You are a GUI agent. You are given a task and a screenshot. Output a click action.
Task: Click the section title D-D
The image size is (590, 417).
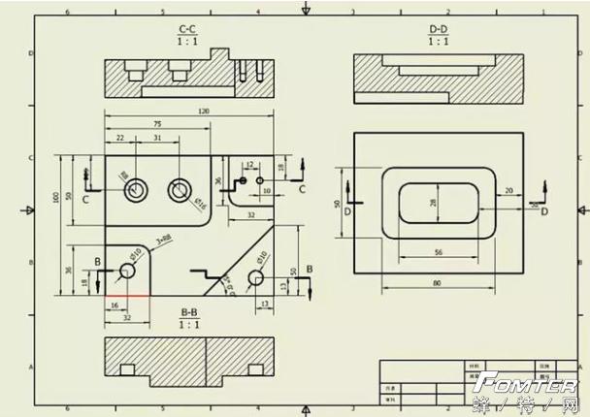(439, 30)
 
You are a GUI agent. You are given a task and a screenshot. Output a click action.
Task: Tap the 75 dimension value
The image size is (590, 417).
(157, 124)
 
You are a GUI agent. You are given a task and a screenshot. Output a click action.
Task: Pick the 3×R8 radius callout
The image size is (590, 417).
(163, 238)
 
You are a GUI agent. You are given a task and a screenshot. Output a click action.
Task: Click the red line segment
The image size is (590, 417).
(128, 294)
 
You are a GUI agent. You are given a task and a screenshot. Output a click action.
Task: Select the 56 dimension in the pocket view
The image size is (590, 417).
(438, 252)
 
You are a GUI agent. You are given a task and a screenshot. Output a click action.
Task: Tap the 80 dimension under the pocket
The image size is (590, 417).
(438, 282)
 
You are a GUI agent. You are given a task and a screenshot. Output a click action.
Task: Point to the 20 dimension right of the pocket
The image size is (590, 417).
(508, 191)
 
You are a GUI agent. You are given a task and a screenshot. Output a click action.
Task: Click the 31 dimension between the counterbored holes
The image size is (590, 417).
(156, 139)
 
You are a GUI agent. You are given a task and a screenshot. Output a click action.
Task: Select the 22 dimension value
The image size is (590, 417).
(119, 139)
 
